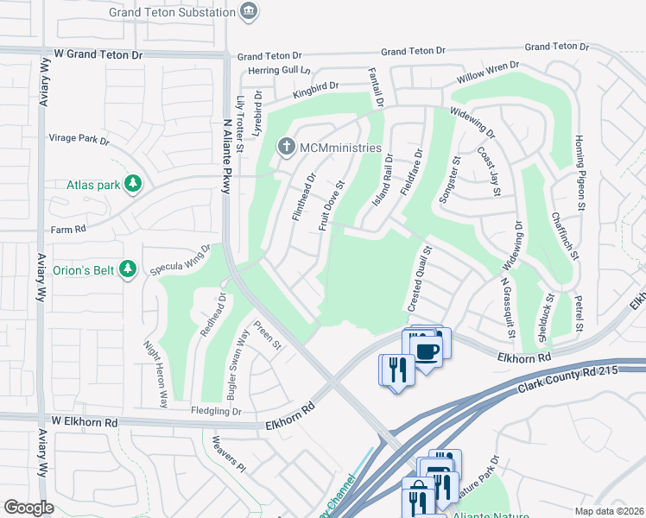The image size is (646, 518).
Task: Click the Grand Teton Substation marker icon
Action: pos(250,11)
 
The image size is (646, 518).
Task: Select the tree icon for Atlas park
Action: pos(132,183)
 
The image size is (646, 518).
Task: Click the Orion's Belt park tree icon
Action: pos(128,269)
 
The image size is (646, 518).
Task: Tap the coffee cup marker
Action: pos(427,351)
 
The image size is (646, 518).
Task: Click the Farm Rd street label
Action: pos(69,230)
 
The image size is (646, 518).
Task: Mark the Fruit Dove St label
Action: pos(332,206)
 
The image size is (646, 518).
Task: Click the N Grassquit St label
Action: pos(508,307)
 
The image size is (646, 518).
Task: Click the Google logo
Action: pos(28,508)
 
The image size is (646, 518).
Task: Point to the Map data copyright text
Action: pos(609,511)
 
